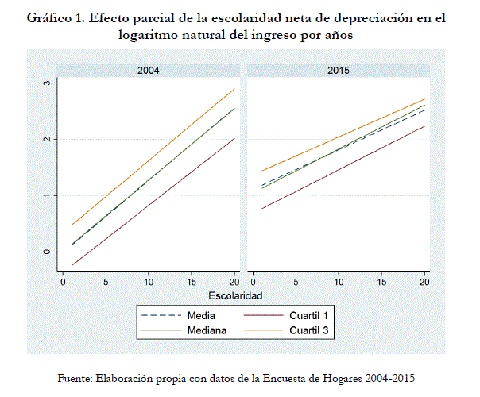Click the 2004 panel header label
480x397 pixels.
(x=148, y=71)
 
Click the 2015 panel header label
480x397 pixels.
(x=339, y=71)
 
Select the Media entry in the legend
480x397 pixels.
(x=190, y=315)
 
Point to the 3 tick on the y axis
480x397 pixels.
(x=47, y=83)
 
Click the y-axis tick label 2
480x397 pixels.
(x=47, y=139)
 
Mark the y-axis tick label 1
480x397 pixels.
(x=47, y=195)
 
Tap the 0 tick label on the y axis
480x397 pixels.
(x=47, y=252)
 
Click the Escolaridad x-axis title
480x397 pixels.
(x=243, y=295)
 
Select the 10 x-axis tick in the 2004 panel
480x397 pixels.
(x=149, y=282)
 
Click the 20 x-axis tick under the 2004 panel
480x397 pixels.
(x=234, y=282)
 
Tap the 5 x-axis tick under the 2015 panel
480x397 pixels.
(x=296, y=282)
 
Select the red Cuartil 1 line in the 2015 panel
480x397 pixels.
(x=339, y=168)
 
